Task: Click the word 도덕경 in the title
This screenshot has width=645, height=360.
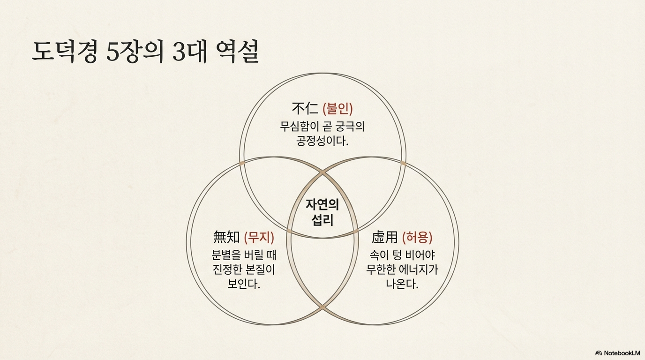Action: pyautogui.click(x=65, y=52)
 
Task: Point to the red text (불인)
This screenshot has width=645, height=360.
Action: pyautogui.click(x=338, y=109)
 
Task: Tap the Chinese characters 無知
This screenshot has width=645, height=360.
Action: pyautogui.click(x=226, y=237)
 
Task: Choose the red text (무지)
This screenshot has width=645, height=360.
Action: pyautogui.click(x=259, y=237)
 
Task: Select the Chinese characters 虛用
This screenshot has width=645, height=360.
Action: pyautogui.click(x=385, y=237)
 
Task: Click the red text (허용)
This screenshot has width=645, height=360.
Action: pyautogui.click(x=418, y=237)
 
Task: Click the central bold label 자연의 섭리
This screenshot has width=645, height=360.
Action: pyautogui.click(x=322, y=212)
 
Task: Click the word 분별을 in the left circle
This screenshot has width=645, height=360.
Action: pyautogui.click(x=227, y=255)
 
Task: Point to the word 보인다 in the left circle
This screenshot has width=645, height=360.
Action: pyautogui.click(x=243, y=284)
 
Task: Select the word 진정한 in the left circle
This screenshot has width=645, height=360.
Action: pyautogui.click(x=227, y=270)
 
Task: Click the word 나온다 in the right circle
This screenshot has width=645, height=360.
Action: pyautogui.click(x=402, y=284)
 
